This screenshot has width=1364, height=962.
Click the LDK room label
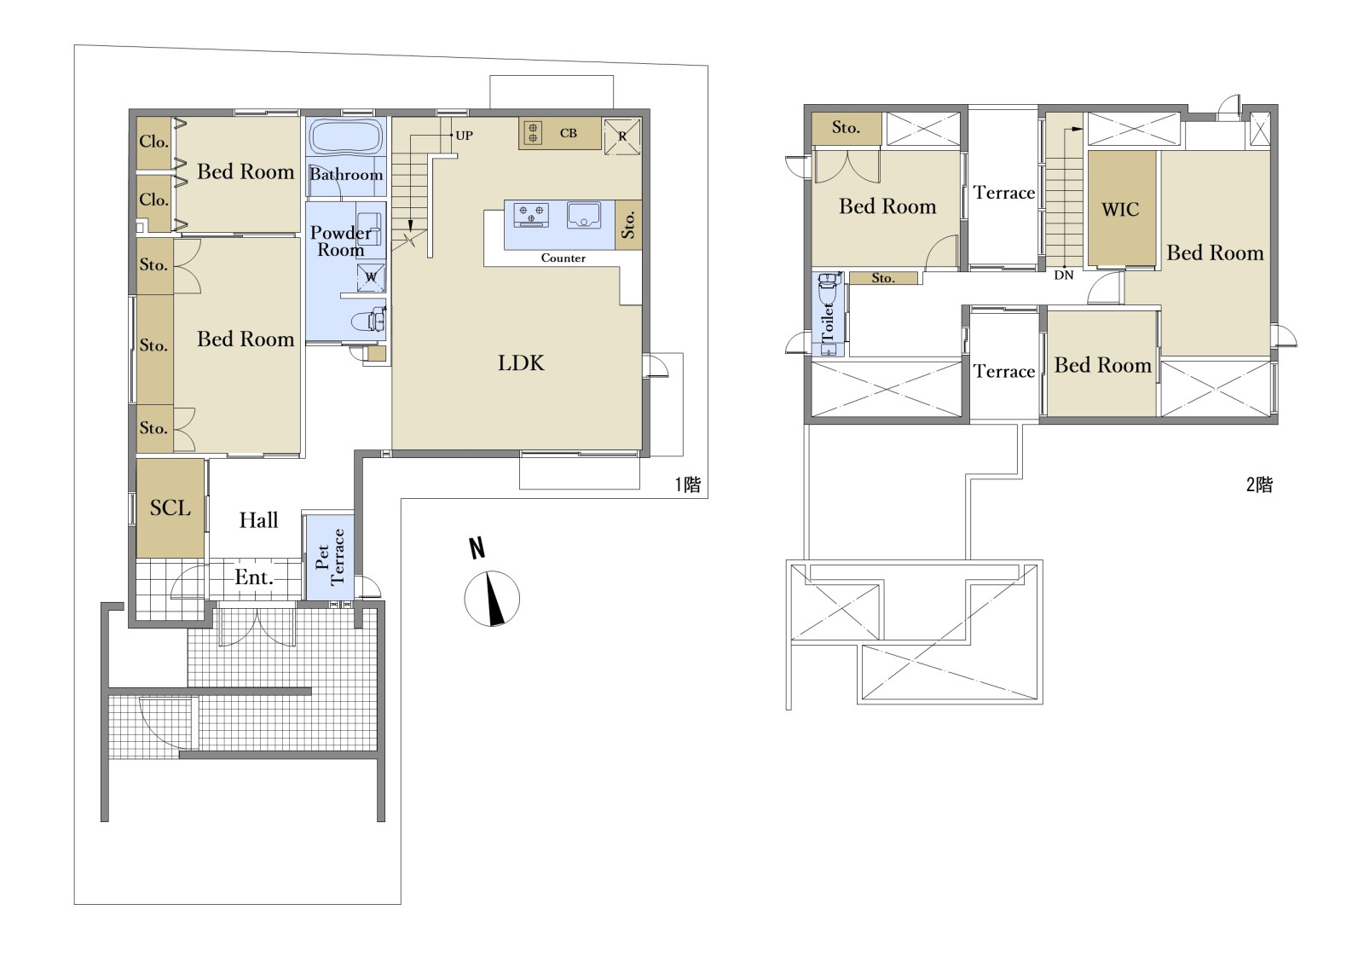521,363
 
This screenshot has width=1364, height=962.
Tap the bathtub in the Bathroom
346,136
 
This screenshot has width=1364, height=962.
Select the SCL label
170,507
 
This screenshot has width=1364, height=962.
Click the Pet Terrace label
329,557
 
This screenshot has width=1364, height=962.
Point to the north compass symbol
491,598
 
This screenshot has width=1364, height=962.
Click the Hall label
259,519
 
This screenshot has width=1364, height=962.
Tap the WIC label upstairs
1120,210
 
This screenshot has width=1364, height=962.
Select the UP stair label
464,136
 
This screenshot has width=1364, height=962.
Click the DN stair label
1064,275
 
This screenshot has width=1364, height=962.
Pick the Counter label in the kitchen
564,258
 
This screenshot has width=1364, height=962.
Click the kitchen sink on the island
583,215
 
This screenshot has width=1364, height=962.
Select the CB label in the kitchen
568,133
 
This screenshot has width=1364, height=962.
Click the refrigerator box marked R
621,136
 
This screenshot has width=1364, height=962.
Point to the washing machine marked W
371,278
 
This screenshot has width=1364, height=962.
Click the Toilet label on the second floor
828,322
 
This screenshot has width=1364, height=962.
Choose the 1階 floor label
688,485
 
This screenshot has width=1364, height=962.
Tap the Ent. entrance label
254,577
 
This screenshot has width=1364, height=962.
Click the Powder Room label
341,241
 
